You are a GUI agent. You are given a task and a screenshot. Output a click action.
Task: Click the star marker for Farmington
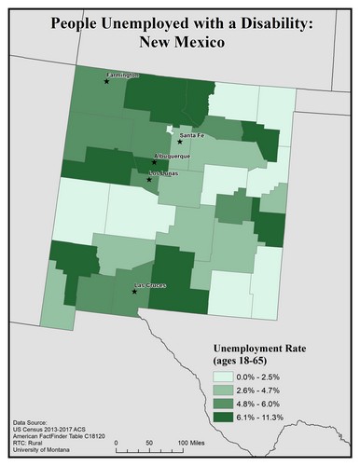107,82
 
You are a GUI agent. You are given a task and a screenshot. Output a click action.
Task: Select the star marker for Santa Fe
180,142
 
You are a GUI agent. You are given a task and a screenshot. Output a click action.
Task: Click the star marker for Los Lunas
148,179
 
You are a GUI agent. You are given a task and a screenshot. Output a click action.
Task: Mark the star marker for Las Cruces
135,292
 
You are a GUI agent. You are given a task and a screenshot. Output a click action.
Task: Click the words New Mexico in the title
179,43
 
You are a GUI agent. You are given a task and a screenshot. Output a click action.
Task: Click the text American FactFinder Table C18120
58,435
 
